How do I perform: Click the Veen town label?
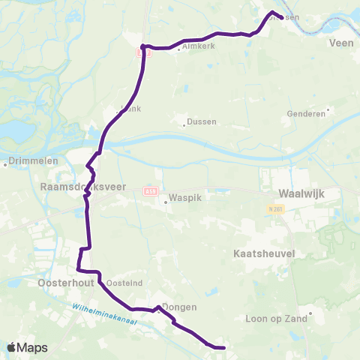(340, 43)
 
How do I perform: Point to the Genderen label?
(306, 114)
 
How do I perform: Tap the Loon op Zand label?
(272, 318)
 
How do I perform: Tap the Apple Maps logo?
(27, 347)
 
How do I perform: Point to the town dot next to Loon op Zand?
(304, 318)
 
